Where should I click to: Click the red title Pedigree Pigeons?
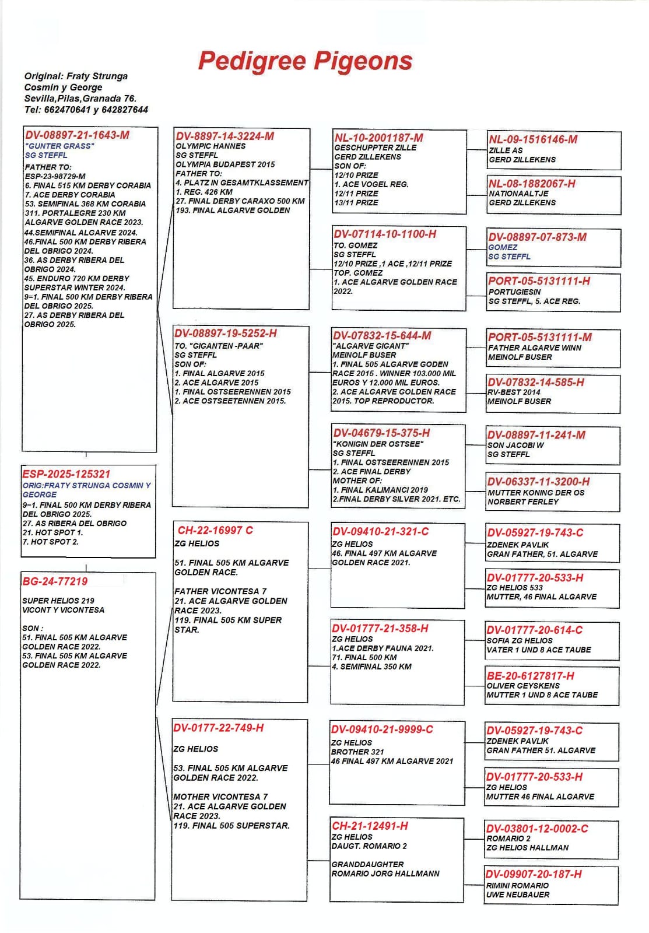[305, 61]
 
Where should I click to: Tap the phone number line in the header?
[86, 110]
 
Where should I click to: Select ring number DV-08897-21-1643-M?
[77, 135]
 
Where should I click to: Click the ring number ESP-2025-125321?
[66, 474]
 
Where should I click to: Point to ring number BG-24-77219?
[55, 581]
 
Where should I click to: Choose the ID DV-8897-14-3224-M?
[224, 136]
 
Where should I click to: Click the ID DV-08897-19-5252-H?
[226, 334]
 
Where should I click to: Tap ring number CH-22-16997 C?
[215, 530]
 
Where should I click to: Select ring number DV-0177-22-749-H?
[218, 728]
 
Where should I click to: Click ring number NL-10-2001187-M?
[378, 138]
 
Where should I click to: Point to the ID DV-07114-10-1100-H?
[385, 234]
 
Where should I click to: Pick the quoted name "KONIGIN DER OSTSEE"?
[378, 444]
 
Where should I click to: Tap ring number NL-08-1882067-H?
[532, 184]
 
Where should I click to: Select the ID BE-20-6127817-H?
[530, 676]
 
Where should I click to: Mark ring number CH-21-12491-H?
[370, 826]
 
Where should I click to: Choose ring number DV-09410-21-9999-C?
[382, 729]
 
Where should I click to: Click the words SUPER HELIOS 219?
[58, 601]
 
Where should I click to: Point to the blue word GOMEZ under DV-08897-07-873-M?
[503, 247]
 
